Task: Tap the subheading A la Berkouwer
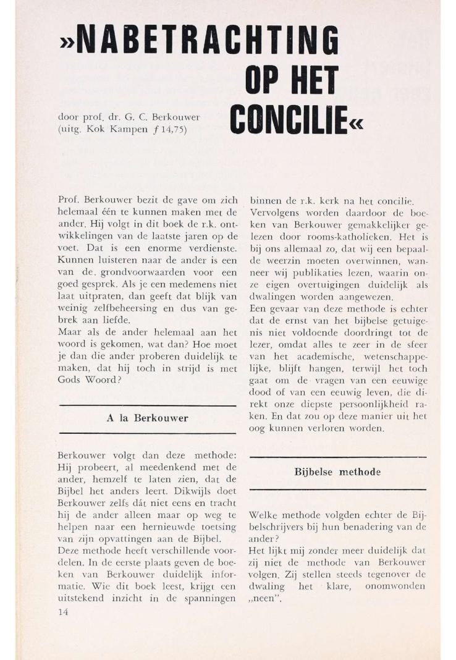[x=146, y=418]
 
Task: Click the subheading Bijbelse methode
[x=337, y=472]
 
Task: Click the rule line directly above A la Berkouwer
[x=146, y=406]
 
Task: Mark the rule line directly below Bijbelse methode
[x=337, y=489]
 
